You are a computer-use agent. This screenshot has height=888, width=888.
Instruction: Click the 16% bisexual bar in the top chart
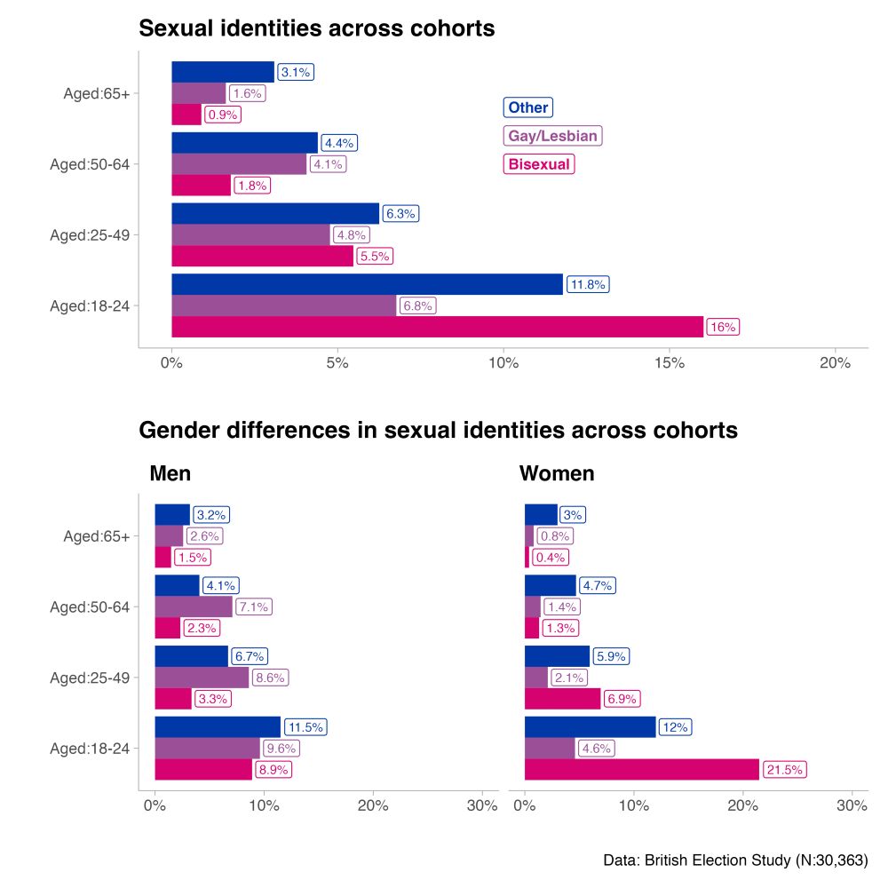[x=437, y=327]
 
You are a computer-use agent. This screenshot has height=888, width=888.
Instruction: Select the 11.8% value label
[x=587, y=285]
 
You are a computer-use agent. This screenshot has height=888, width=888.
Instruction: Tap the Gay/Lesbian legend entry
[x=552, y=136]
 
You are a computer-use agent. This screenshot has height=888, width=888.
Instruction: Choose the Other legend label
[x=528, y=107]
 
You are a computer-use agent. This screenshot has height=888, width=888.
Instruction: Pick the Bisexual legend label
[x=539, y=164]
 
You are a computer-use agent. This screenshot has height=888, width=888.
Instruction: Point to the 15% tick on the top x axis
[x=669, y=363]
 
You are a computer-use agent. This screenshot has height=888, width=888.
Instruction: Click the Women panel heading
[x=557, y=473]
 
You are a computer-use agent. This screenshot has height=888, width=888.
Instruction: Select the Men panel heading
[x=170, y=473]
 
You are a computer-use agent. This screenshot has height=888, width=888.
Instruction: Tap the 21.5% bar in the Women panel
[x=642, y=769]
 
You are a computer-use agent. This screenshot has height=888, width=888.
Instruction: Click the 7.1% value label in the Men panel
[x=254, y=607]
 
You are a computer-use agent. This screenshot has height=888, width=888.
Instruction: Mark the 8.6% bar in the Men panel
[x=202, y=678]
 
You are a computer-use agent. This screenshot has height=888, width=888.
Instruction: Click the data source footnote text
[x=734, y=860]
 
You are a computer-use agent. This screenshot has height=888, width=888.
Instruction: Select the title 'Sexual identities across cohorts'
[x=317, y=28]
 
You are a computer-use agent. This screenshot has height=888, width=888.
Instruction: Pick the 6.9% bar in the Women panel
[x=563, y=699]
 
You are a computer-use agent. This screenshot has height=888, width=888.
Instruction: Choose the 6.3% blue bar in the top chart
[x=275, y=214]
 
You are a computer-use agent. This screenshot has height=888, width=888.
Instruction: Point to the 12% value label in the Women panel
[x=675, y=727]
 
